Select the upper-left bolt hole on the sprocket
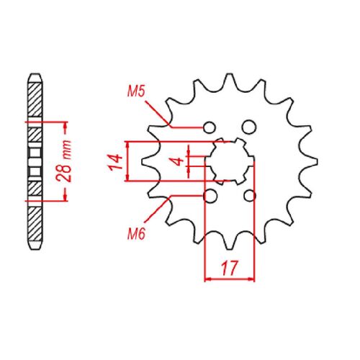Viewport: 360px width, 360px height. pos(210,127)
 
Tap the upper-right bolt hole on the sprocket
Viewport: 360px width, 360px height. pos(249,127)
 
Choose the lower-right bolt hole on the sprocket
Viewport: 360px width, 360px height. pos(250,196)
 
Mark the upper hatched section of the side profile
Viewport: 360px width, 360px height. pos(34,101)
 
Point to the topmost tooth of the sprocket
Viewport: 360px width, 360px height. pos(229,77)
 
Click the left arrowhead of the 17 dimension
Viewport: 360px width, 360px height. pos(208,278)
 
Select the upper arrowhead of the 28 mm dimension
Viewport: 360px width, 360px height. pos(66,126)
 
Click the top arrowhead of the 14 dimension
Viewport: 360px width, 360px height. pos(128,143)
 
